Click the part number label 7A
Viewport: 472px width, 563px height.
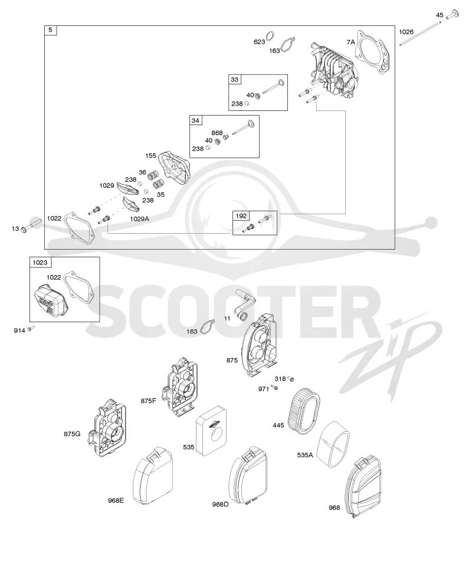[350, 42]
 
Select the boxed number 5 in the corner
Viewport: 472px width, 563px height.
[50, 30]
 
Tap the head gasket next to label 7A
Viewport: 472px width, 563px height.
[372, 53]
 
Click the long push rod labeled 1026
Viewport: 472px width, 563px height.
[420, 34]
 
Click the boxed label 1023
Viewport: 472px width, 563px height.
[40, 263]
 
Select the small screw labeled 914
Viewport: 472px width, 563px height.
[31, 328]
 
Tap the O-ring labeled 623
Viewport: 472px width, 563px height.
[272, 35]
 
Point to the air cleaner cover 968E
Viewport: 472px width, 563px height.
[153, 476]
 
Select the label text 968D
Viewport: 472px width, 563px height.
[221, 504]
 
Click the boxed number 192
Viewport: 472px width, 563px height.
[241, 216]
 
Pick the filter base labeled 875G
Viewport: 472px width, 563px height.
[108, 428]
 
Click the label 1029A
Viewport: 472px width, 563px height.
[140, 219]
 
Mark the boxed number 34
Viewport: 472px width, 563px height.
[195, 120]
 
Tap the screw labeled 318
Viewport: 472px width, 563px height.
[291, 379]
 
